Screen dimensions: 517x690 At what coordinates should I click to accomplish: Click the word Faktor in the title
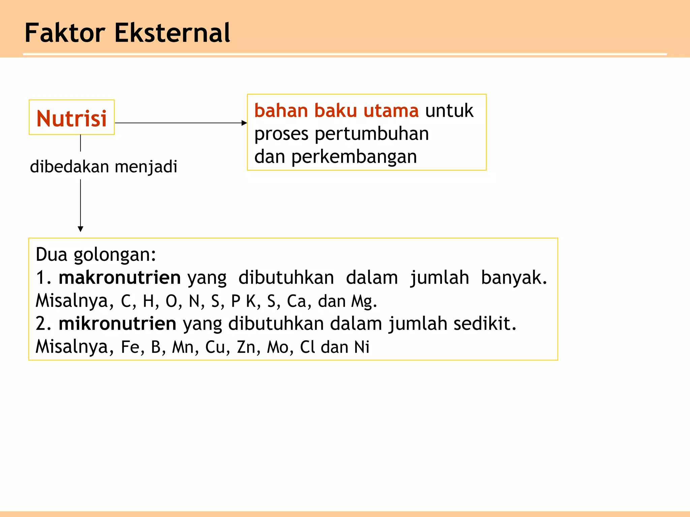[x=65, y=33]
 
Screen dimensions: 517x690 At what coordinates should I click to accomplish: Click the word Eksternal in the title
[x=172, y=33]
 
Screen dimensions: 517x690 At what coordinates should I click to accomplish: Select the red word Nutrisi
[x=71, y=118]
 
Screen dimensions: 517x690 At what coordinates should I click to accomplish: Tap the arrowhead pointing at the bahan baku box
[x=244, y=123]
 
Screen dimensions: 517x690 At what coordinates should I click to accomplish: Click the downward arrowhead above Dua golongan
[x=81, y=229]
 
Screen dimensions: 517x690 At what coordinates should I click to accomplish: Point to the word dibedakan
[x=69, y=167]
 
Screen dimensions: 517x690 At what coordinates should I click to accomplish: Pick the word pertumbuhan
[x=372, y=134]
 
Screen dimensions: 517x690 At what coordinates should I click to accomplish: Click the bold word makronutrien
[x=120, y=278]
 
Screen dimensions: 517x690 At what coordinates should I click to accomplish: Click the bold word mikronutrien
[x=117, y=323]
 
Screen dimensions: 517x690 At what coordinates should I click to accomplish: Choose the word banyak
[x=513, y=278]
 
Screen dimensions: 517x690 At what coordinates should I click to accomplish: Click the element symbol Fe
[x=130, y=347]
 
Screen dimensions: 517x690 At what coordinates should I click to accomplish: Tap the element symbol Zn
[x=246, y=347]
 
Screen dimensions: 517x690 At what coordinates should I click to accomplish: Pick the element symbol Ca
[x=296, y=301]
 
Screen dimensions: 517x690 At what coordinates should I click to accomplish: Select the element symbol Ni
[x=362, y=347]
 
